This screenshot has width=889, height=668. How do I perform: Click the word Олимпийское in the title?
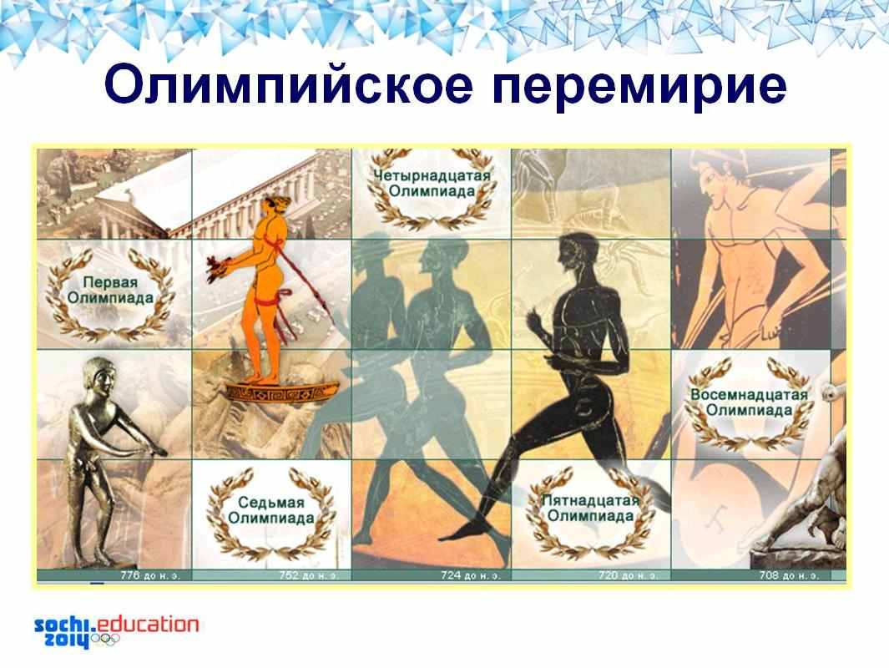[288, 86]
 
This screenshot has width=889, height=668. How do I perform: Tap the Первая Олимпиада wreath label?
[110, 290]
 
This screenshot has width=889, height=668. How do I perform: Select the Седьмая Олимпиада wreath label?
[271, 510]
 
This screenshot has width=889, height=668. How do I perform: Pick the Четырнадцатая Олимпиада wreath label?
[432, 183]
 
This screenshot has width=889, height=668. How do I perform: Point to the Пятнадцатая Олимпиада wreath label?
[590, 508]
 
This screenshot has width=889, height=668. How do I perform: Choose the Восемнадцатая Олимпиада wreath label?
[749, 402]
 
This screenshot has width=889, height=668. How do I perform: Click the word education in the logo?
[149, 625]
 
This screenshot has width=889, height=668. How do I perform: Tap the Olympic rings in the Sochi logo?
[105, 640]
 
